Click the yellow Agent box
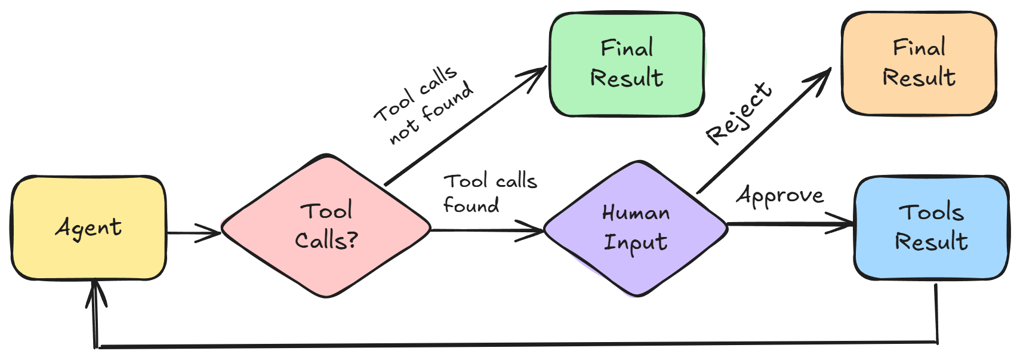(x=88, y=227)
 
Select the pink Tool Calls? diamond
(x=326, y=226)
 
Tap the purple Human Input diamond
(x=636, y=228)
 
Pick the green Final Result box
(x=626, y=64)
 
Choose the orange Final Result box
(x=919, y=63)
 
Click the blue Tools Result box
(x=931, y=227)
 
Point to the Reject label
(x=739, y=113)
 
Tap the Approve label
(x=780, y=195)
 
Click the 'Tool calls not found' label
(x=424, y=105)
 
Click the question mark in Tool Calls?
(x=352, y=240)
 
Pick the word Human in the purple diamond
(x=636, y=213)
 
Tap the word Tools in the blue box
(x=931, y=212)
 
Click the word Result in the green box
(x=627, y=78)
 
